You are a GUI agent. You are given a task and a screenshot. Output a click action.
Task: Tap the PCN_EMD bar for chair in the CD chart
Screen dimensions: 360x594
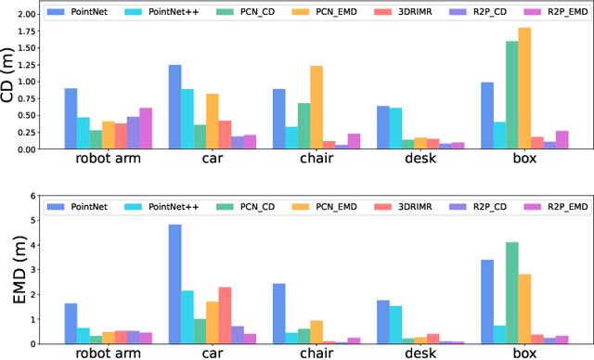point(316,108)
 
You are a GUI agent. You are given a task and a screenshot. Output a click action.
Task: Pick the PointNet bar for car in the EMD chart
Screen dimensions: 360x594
point(174,284)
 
